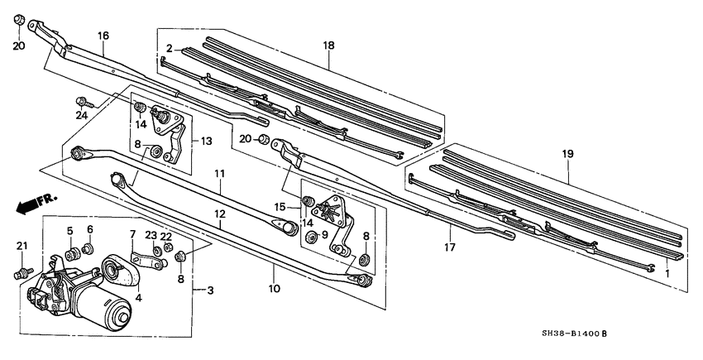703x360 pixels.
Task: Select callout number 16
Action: pyautogui.click(x=103, y=36)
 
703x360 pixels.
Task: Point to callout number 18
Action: pyautogui.click(x=328, y=44)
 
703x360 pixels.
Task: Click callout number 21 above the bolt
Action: pyautogui.click(x=22, y=246)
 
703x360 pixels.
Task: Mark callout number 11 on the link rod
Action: pyautogui.click(x=220, y=174)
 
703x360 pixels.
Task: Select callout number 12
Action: pyautogui.click(x=220, y=214)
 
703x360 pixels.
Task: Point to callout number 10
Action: pyautogui.click(x=274, y=289)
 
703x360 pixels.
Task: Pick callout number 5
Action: pyautogui.click(x=70, y=231)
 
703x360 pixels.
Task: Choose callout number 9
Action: pyautogui.click(x=324, y=235)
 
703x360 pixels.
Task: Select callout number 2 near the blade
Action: pyautogui.click(x=168, y=49)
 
